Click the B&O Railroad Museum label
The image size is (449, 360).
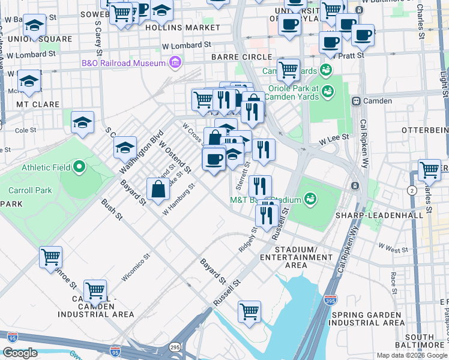tap(124, 63)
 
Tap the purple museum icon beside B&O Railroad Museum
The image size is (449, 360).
tap(175, 62)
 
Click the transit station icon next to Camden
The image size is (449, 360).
tap(356, 101)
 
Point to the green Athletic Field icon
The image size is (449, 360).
tap(79, 167)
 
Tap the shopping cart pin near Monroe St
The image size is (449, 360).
tap(50, 257)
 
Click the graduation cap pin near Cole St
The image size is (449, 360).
tap(82, 123)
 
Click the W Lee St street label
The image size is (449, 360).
tap(334, 139)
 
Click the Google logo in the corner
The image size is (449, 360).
tap(19, 353)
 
